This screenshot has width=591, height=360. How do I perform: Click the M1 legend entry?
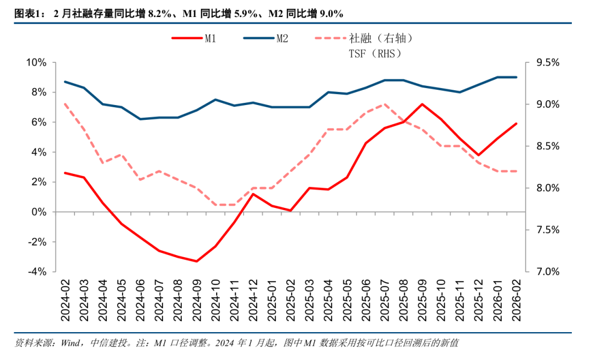210,38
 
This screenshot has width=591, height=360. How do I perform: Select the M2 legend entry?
282,38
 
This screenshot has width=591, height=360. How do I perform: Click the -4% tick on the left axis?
38,271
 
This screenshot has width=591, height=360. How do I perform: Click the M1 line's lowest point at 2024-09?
196,261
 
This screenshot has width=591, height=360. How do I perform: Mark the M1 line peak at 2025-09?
422,104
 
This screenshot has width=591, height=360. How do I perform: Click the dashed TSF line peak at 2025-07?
385,104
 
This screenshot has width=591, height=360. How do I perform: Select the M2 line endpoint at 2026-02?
516,77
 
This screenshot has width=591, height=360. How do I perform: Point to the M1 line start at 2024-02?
65,173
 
